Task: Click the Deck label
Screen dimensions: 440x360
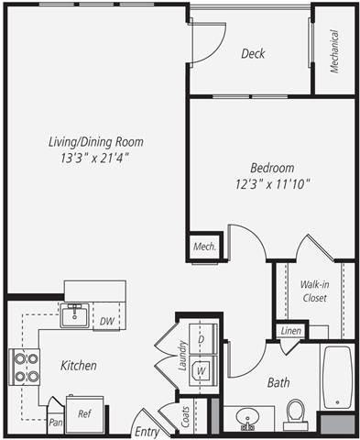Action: tap(253, 54)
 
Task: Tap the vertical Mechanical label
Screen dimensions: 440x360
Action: tap(334, 50)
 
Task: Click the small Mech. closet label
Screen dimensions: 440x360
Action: tap(204, 247)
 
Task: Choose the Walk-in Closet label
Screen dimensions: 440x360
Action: tap(314, 291)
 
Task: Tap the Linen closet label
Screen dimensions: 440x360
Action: tap(291, 330)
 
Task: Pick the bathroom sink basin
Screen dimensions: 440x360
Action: tap(246, 420)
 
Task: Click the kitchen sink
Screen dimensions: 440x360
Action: tap(74, 315)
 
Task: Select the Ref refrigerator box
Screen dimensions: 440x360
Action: tap(84, 414)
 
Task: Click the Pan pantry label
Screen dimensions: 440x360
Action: tap(55, 423)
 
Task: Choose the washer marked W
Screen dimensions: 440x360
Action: tap(202, 369)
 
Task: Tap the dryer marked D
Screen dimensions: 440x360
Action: tap(202, 340)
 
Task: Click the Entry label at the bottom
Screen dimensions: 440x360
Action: tap(147, 431)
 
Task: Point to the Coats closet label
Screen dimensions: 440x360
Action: tap(186, 417)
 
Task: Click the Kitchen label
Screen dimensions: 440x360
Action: tap(79, 365)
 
